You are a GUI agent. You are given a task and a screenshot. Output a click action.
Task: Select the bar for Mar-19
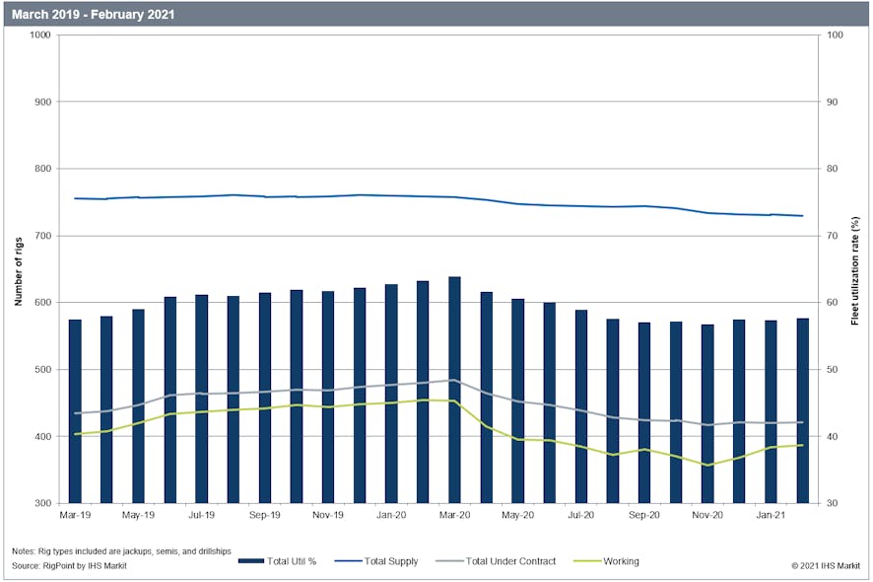click(x=75, y=410)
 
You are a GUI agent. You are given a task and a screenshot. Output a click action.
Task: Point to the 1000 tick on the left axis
click(x=40, y=35)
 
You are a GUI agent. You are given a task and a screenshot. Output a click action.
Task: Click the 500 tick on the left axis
click(x=43, y=370)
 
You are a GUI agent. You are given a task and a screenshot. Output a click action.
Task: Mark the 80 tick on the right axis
click(x=832, y=169)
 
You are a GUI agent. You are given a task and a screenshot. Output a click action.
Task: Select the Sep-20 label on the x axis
click(x=643, y=515)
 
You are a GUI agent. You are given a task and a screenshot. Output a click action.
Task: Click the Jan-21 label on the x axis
click(x=770, y=515)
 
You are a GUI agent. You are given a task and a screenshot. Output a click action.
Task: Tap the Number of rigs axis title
click(x=18, y=268)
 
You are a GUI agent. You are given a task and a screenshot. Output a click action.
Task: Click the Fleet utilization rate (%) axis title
click(x=855, y=268)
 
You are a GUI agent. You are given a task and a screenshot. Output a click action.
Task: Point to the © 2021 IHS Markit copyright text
click(x=827, y=565)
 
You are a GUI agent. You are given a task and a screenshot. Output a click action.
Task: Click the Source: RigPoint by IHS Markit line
click(x=69, y=565)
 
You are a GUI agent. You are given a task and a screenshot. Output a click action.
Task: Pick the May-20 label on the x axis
click(x=517, y=515)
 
